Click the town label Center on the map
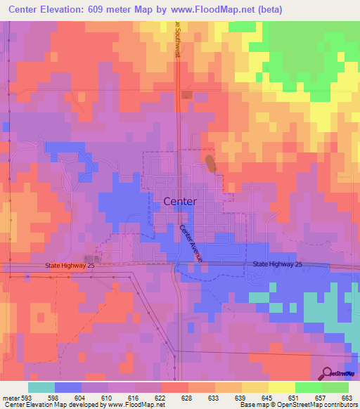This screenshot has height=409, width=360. [x=180, y=201]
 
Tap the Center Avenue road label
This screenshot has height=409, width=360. [x=191, y=243]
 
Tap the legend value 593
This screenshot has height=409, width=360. [x=27, y=397]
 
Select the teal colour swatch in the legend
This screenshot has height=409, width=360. [x=41, y=387]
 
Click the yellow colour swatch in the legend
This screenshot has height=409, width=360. [x=282, y=387]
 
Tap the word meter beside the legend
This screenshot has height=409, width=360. [x=9, y=397]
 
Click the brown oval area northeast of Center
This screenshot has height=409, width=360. [x=210, y=164]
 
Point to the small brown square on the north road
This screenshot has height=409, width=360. [x=186, y=95]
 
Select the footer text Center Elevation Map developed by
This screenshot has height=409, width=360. [x=53, y=405]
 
